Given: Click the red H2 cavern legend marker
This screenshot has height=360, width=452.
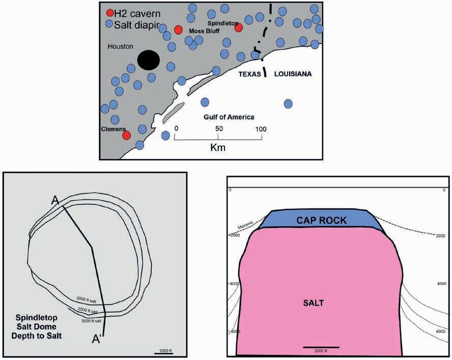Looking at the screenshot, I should tap(110, 13).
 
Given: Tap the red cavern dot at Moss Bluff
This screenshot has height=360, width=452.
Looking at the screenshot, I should tap(178, 30).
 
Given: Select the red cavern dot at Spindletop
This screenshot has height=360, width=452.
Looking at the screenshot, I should tap(238, 27).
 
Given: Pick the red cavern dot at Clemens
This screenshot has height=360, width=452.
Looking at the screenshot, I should tap(127, 135).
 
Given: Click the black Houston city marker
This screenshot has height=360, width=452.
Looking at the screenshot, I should tap(149, 60).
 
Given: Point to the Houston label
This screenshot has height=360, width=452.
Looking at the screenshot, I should tap(121, 47).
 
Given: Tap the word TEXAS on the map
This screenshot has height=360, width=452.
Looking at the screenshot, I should tap(251, 74).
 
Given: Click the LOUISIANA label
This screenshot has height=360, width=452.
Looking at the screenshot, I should tap(293, 74).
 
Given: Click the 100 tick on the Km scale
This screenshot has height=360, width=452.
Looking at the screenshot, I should tap(261, 129).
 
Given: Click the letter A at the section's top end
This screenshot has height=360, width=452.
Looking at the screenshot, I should tap(55, 200).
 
